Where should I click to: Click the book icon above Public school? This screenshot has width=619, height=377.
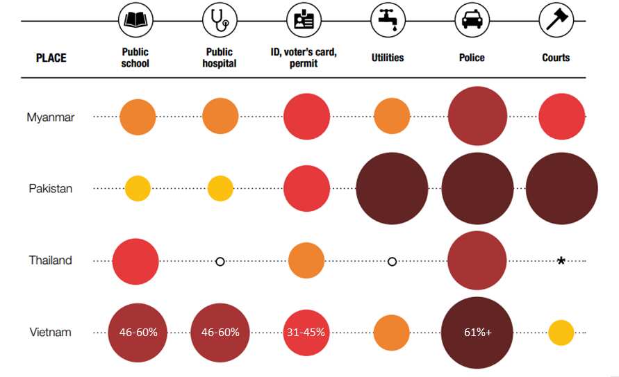[135, 21]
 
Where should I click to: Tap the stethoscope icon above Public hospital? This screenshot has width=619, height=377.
[220, 21]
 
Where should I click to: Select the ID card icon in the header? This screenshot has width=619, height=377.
[304, 21]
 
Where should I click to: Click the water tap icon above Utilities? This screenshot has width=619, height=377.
[387, 21]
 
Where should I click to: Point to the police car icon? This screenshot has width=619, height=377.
[472, 21]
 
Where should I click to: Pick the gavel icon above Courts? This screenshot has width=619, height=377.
[556, 21]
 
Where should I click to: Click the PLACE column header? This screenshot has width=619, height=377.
[51, 58]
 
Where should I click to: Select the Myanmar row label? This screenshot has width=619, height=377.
[50, 117]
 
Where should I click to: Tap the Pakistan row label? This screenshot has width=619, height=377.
[50, 189]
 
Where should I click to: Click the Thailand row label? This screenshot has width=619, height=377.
[50, 260]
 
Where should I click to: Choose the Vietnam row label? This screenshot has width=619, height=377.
[50, 333]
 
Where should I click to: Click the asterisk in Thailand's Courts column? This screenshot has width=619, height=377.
[561, 262]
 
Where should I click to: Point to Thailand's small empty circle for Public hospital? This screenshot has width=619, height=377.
[220, 262]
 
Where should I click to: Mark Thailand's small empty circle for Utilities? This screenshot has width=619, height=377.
[392, 262]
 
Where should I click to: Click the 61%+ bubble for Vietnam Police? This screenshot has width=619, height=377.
[477, 333]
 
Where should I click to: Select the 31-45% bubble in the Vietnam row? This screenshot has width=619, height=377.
[306, 333]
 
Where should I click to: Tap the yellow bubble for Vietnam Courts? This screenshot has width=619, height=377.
[561, 333]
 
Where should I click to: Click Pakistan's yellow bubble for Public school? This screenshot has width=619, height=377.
[138, 189]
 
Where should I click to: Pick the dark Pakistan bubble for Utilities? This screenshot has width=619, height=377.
[392, 189]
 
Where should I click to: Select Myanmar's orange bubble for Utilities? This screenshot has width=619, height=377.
[392, 117]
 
